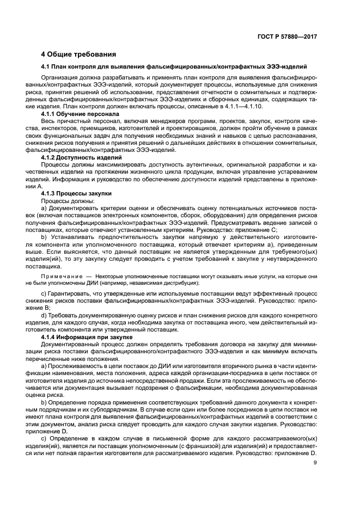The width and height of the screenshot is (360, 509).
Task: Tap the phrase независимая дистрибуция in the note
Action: tap(158, 283)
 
